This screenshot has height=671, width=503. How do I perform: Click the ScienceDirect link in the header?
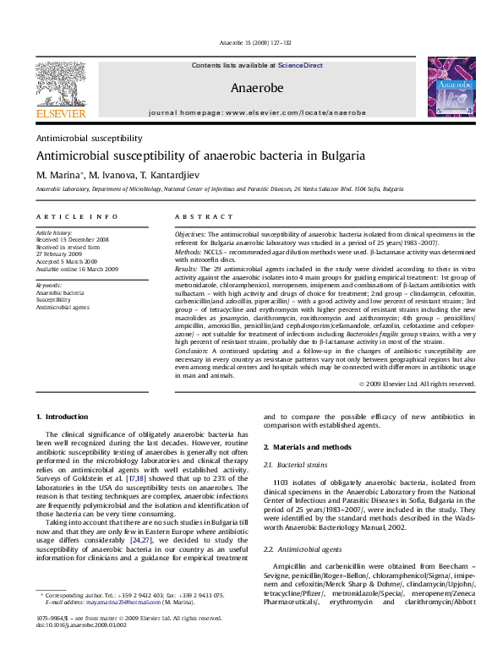click(x=300, y=64)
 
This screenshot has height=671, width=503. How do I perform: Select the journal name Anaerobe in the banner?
click(x=256, y=87)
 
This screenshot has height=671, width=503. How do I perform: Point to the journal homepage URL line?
click(x=256, y=112)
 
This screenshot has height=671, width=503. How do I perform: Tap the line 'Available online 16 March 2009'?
click(x=77, y=269)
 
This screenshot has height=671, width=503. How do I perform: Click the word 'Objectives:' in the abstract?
click(x=190, y=232)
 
